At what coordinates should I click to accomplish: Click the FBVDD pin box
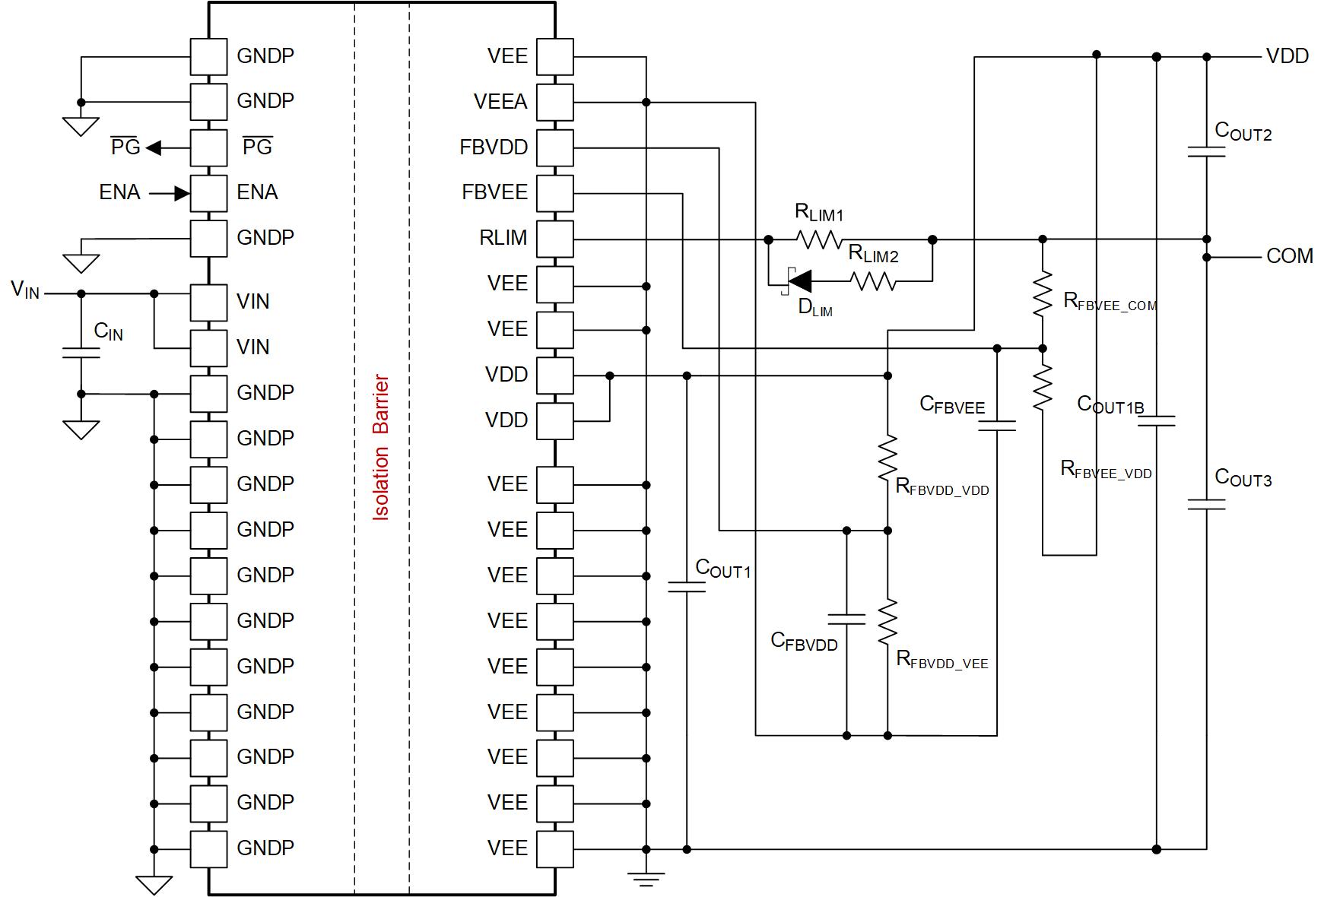(554, 147)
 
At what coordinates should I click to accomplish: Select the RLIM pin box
(554, 239)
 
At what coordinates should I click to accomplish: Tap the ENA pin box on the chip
(208, 193)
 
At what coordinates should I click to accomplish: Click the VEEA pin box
(554, 102)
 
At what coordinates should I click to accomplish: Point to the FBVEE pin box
(554, 193)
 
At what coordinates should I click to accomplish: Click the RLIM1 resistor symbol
(819, 240)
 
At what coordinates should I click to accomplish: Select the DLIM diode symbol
(797, 282)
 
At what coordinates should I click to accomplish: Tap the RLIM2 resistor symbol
(874, 282)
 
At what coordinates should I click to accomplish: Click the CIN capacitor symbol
(81, 353)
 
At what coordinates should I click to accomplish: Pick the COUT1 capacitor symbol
(687, 586)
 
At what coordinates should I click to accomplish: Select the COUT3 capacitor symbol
(1206, 504)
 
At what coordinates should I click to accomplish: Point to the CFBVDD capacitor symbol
(846, 618)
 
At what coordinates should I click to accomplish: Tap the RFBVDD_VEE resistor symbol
(887, 622)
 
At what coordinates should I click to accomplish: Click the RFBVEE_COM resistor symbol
(1043, 293)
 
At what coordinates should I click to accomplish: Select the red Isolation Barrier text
(381, 448)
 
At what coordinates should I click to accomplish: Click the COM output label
(1289, 256)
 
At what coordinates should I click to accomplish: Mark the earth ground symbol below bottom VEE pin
(646, 879)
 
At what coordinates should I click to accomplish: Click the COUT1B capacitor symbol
(1156, 420)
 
